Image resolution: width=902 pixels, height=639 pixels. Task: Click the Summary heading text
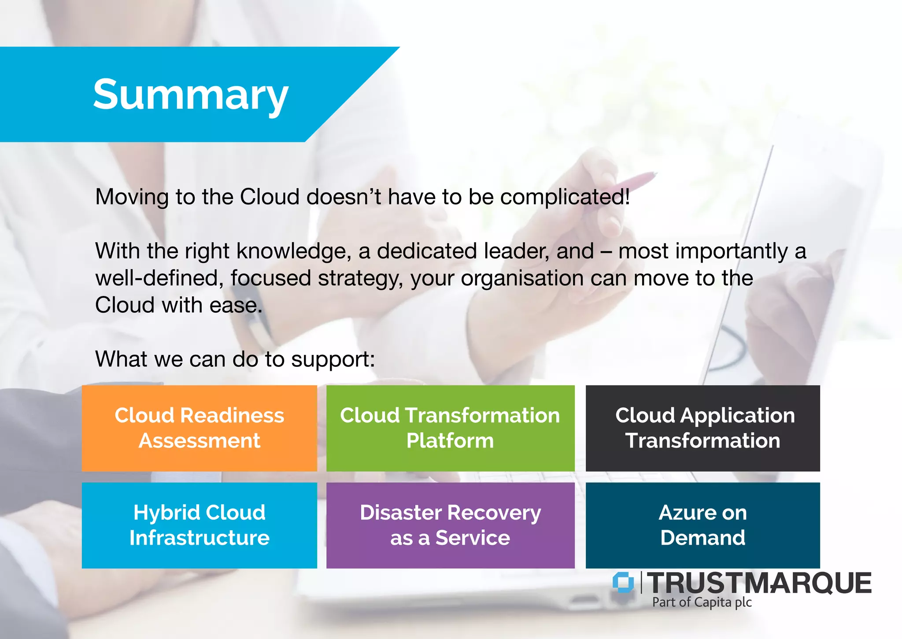(x=190, y=95)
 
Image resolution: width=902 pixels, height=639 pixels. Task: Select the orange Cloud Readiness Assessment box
(x=199, y=428)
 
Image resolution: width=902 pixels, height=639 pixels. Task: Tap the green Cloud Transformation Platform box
(x=450, y=428)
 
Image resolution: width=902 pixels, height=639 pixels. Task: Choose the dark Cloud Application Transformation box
(x=702, y=428)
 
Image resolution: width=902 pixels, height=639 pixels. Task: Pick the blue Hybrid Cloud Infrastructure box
(x=199, y=525)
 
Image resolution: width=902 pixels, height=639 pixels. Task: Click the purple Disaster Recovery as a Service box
(x=450, y=525)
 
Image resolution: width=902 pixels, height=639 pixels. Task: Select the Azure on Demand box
(x=702, y=525)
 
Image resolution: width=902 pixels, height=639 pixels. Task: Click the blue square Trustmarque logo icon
(x=623, y=582)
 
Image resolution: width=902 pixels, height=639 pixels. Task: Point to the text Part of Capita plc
(x=702, y=602)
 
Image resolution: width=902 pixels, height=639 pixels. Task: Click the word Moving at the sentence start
(x=132, y=197)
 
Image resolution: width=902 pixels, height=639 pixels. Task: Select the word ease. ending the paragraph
(x=236, y=305)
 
